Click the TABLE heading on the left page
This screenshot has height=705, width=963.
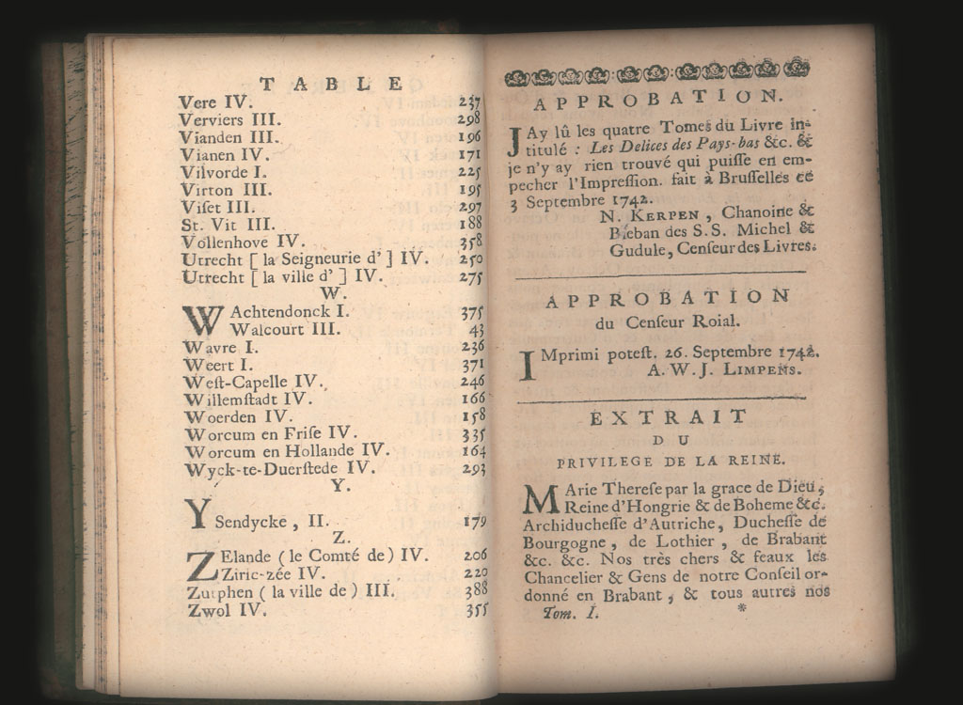point(331,85)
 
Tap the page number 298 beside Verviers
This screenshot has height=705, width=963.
point(469,120)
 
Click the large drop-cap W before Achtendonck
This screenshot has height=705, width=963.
point(202,319)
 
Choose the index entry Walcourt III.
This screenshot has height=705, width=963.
point(285,329)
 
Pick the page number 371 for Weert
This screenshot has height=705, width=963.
point(471,365)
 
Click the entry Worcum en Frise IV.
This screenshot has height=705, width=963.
point(271,433)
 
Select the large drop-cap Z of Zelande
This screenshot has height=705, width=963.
point(201,566)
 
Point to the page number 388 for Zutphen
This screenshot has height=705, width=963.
point(475,589)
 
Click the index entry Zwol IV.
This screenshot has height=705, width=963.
point(227,610)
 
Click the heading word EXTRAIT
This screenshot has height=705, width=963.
point(668,417)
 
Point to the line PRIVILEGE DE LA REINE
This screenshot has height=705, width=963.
point(670,461)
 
